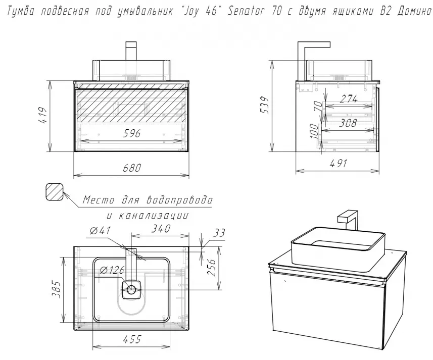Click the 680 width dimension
coord(132,168)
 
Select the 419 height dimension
coord(44,116)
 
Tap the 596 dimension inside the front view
coord(131,133)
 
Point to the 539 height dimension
coord(265,105)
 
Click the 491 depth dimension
coord(339,163)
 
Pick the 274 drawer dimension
coord(349,99)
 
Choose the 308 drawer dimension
coord(349,123)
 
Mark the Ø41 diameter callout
coord(100,230)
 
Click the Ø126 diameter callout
coord(112,270)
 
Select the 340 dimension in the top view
coord(161,228)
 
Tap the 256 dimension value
coord(211,267)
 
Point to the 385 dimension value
coord(57,290)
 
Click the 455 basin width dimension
coord(132,339)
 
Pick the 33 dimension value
coord(219,233)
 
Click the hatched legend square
coord(54,191)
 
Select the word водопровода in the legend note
coord(179,199)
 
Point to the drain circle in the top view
coord(131,290)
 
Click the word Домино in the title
coord(414,11)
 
